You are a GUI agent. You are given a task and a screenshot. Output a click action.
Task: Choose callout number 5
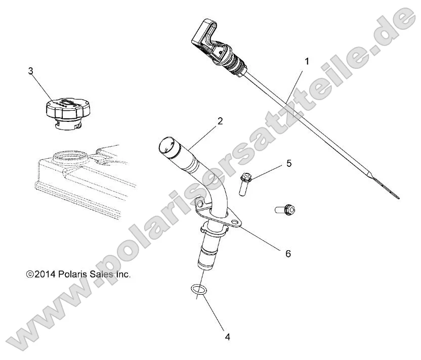pyautogui.click(x=289, y=163)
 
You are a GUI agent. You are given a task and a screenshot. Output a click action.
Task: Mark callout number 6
pyautogui.click(x=288, y=253)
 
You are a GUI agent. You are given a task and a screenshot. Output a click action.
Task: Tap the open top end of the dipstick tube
pyautogui.click(x=164, y=147)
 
